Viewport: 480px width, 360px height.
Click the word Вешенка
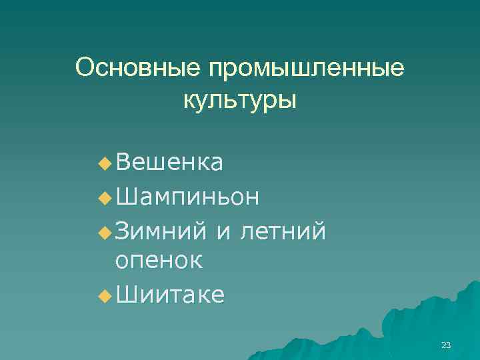[x=169, y=161]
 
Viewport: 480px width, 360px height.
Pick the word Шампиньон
[x=187, y=197]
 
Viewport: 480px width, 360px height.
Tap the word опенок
[x=158, y=261]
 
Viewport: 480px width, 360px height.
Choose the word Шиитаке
[x=169, y=295]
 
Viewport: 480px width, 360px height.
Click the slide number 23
[x=446, y=345]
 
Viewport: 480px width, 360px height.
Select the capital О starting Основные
[x=85, y=67]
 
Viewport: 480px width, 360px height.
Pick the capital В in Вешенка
[x=121, y=161]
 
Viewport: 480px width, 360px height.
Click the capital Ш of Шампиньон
[x=124, y=197]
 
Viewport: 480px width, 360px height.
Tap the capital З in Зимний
[x=121, y=231]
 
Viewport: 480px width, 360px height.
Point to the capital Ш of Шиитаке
[x=124, y=295]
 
